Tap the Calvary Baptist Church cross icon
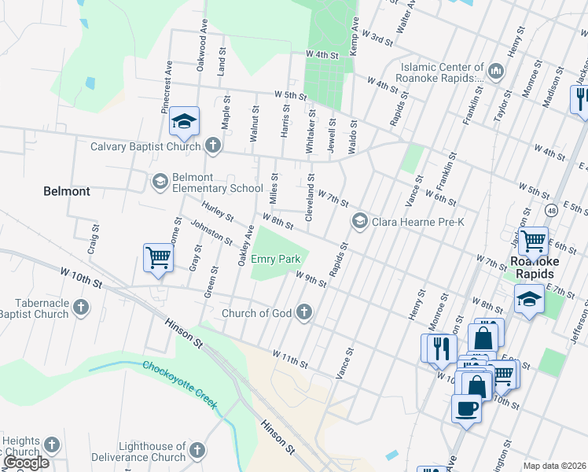tap(212, 146)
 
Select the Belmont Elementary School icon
tap(160, 182)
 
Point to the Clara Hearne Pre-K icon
tap(360, 221)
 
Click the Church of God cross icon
tap(304, 313)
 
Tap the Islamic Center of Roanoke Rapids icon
tap(496, 72)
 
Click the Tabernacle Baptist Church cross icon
tap(81, 308)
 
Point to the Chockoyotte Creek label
tap(179, 385)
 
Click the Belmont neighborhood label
tap(67, 191)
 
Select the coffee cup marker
tap(467, 408)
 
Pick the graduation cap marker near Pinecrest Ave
tap(184, 121)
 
